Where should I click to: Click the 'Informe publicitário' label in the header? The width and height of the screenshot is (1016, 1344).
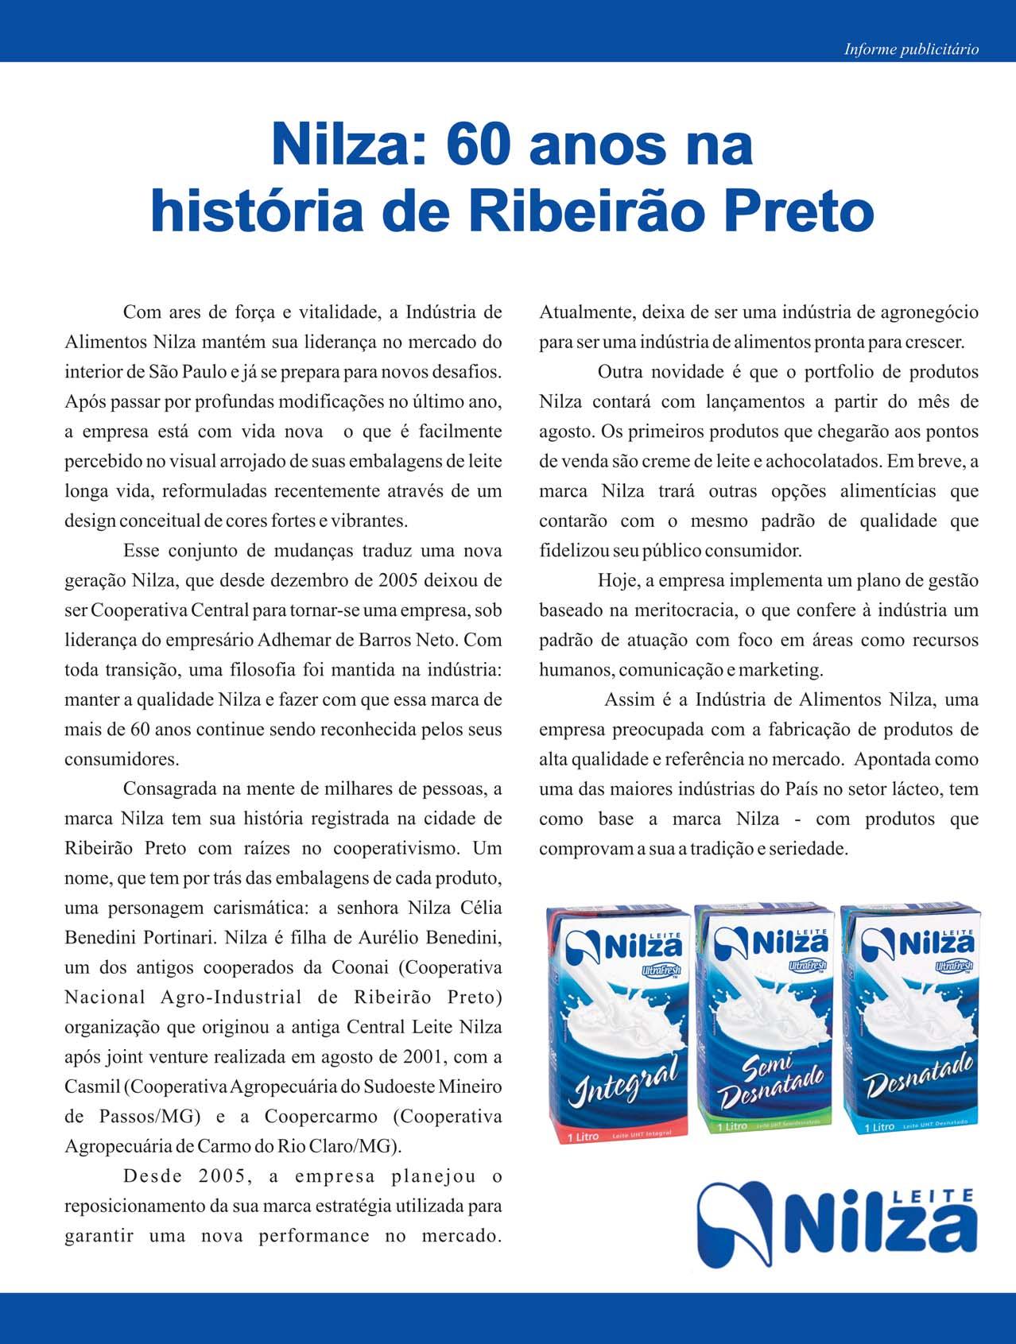coord(911,49)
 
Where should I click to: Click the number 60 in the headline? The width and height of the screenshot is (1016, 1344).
coord(479,145)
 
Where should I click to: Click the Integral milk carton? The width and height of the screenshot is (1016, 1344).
coord(617,1025)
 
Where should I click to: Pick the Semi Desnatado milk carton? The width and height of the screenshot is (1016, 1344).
coord(763,1021)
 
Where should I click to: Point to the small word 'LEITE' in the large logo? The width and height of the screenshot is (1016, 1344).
coord(938,1195)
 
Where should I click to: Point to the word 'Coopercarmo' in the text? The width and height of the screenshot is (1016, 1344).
coord(321,1117)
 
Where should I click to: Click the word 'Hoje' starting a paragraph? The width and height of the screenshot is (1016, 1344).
coord(618,581)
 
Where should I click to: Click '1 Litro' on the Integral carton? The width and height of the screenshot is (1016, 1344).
coord(583,1137)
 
